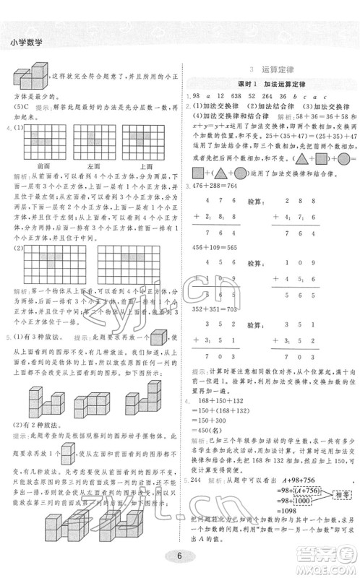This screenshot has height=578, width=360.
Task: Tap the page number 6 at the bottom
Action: click(x=179, y=558)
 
